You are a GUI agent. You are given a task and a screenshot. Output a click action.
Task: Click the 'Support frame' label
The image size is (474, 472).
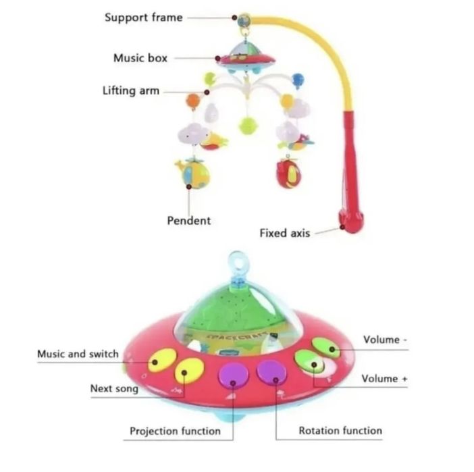pos(143,17)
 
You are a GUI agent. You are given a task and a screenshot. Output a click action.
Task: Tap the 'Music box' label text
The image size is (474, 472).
pos(140,58)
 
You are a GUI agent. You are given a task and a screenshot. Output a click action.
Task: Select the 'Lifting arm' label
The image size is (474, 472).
pos(131,90)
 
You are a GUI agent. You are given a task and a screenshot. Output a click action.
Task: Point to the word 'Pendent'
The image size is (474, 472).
pos(189,220)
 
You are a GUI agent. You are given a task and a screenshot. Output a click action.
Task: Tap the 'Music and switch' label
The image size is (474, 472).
pos(78,353)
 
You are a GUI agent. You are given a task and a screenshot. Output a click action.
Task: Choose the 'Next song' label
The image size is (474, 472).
pos(114,389)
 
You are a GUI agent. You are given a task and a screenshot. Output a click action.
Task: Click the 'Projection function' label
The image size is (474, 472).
pos(175,430)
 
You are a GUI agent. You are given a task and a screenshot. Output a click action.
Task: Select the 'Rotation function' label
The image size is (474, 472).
pos(340,430)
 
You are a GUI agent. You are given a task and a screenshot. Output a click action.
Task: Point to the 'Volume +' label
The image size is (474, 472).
pos(384,379)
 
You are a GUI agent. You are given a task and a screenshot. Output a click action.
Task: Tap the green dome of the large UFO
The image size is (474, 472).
pos(236,304)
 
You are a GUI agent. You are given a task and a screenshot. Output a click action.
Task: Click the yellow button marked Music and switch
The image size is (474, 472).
pos(161,359)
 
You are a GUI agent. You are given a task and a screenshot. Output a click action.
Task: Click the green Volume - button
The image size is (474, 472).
pos(327,348)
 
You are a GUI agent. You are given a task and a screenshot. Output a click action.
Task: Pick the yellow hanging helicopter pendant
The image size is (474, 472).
pos(193,174)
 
